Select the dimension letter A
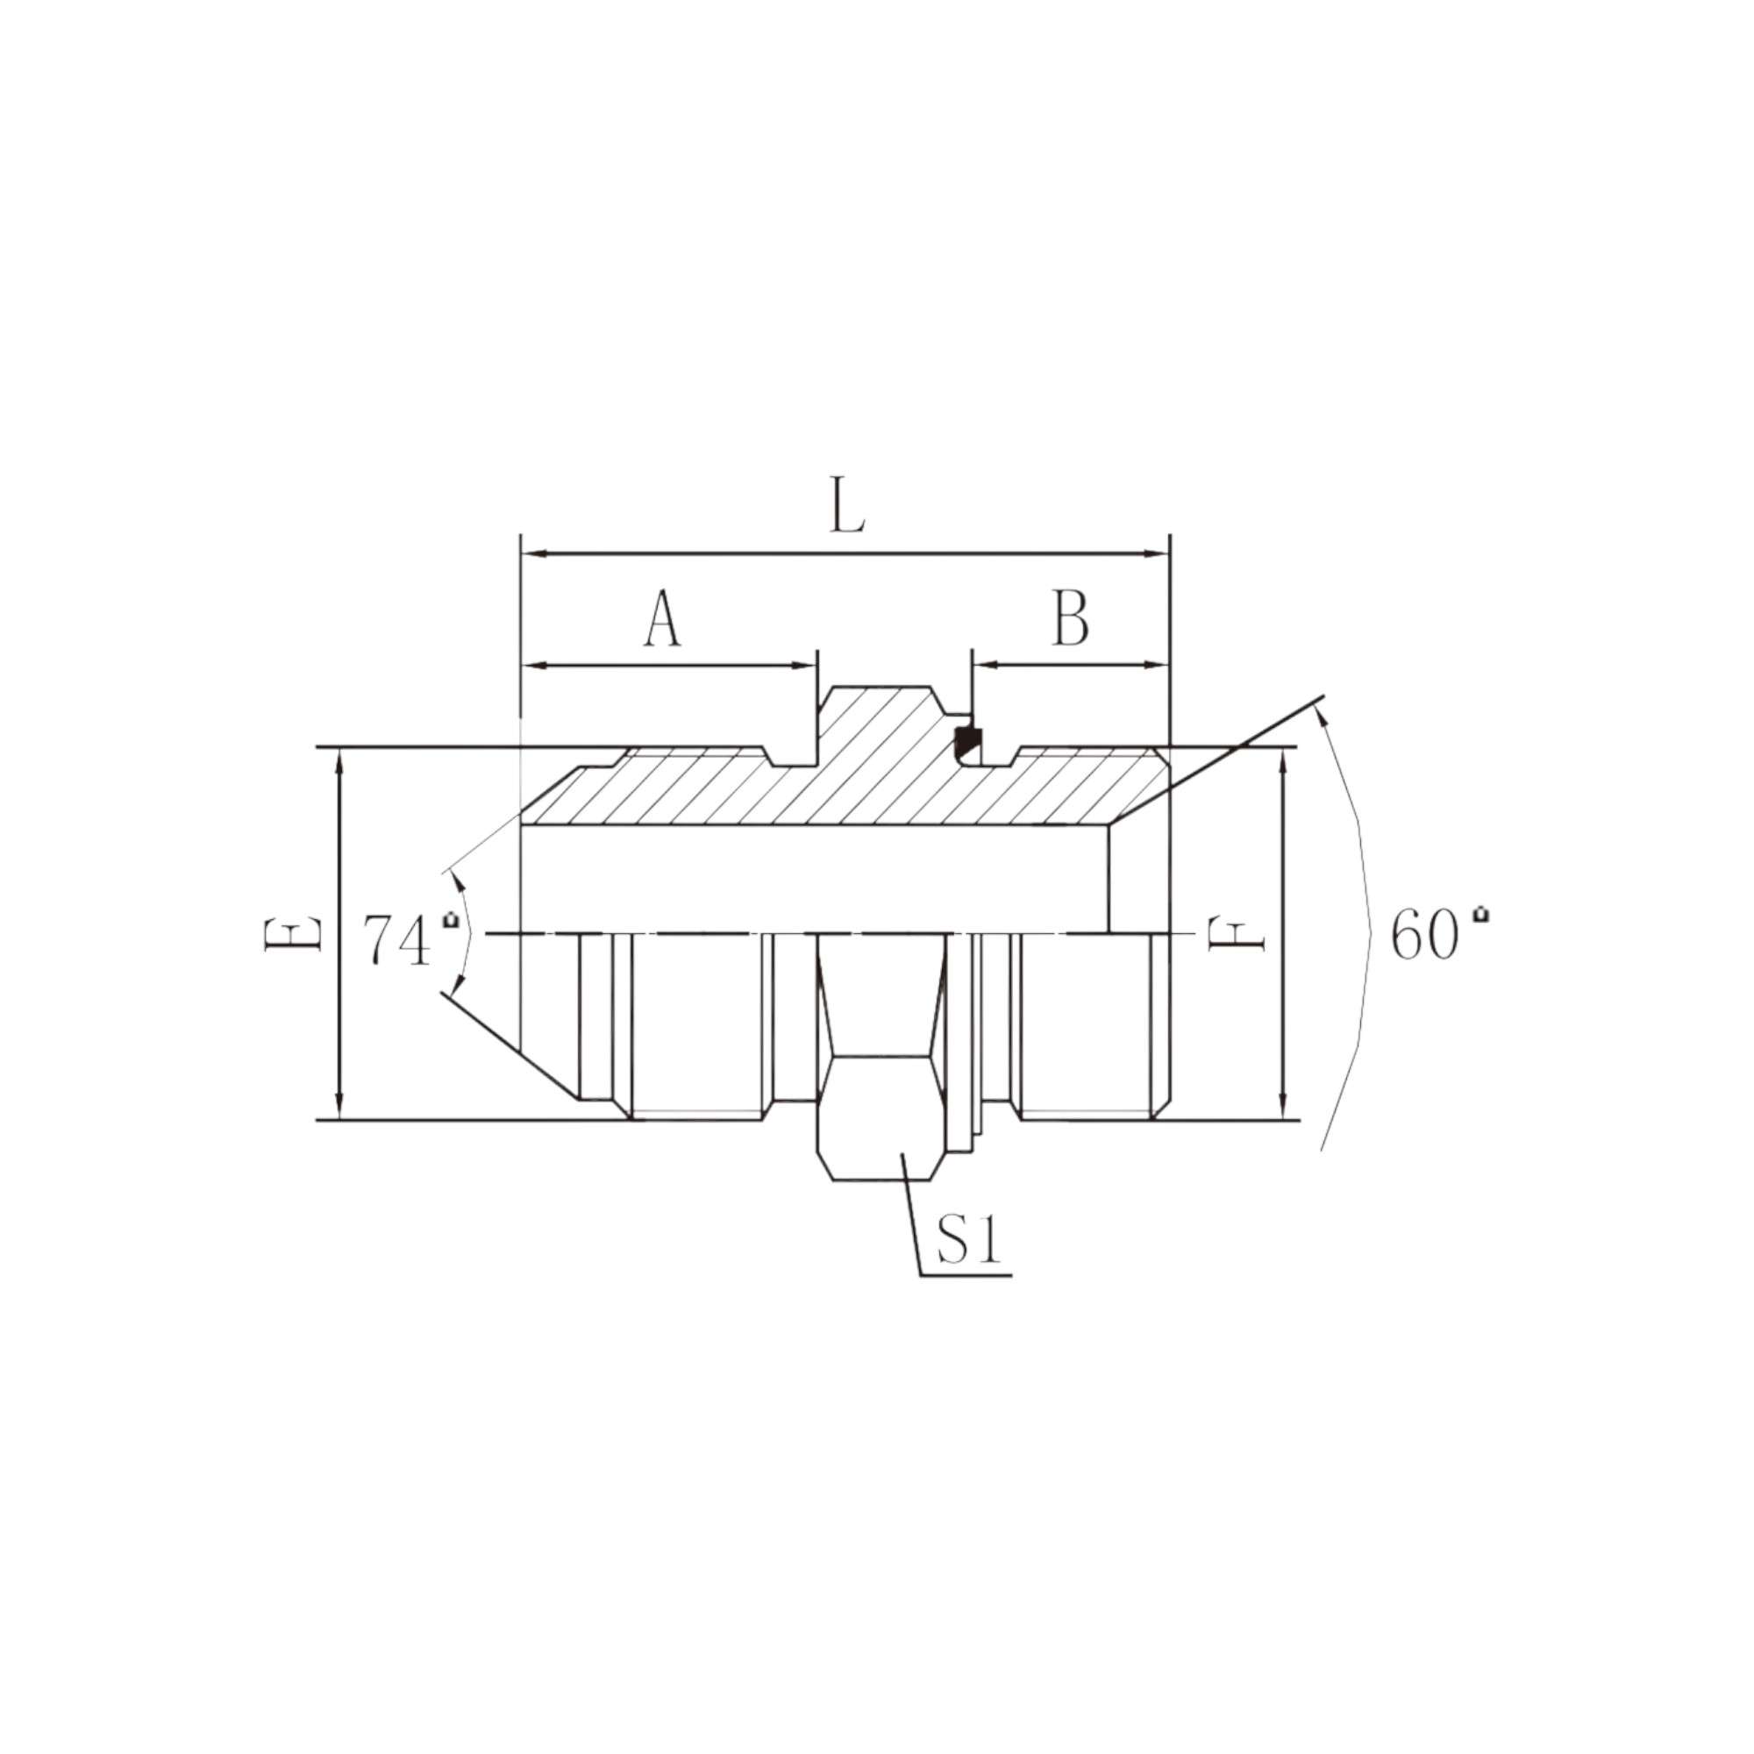point(663,620)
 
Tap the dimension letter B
point(1072,619)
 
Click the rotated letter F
point(1237,935)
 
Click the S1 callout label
point(969,1241)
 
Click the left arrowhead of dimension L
point(532,552)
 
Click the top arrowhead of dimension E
point(339,759)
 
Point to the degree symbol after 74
point(449,922)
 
